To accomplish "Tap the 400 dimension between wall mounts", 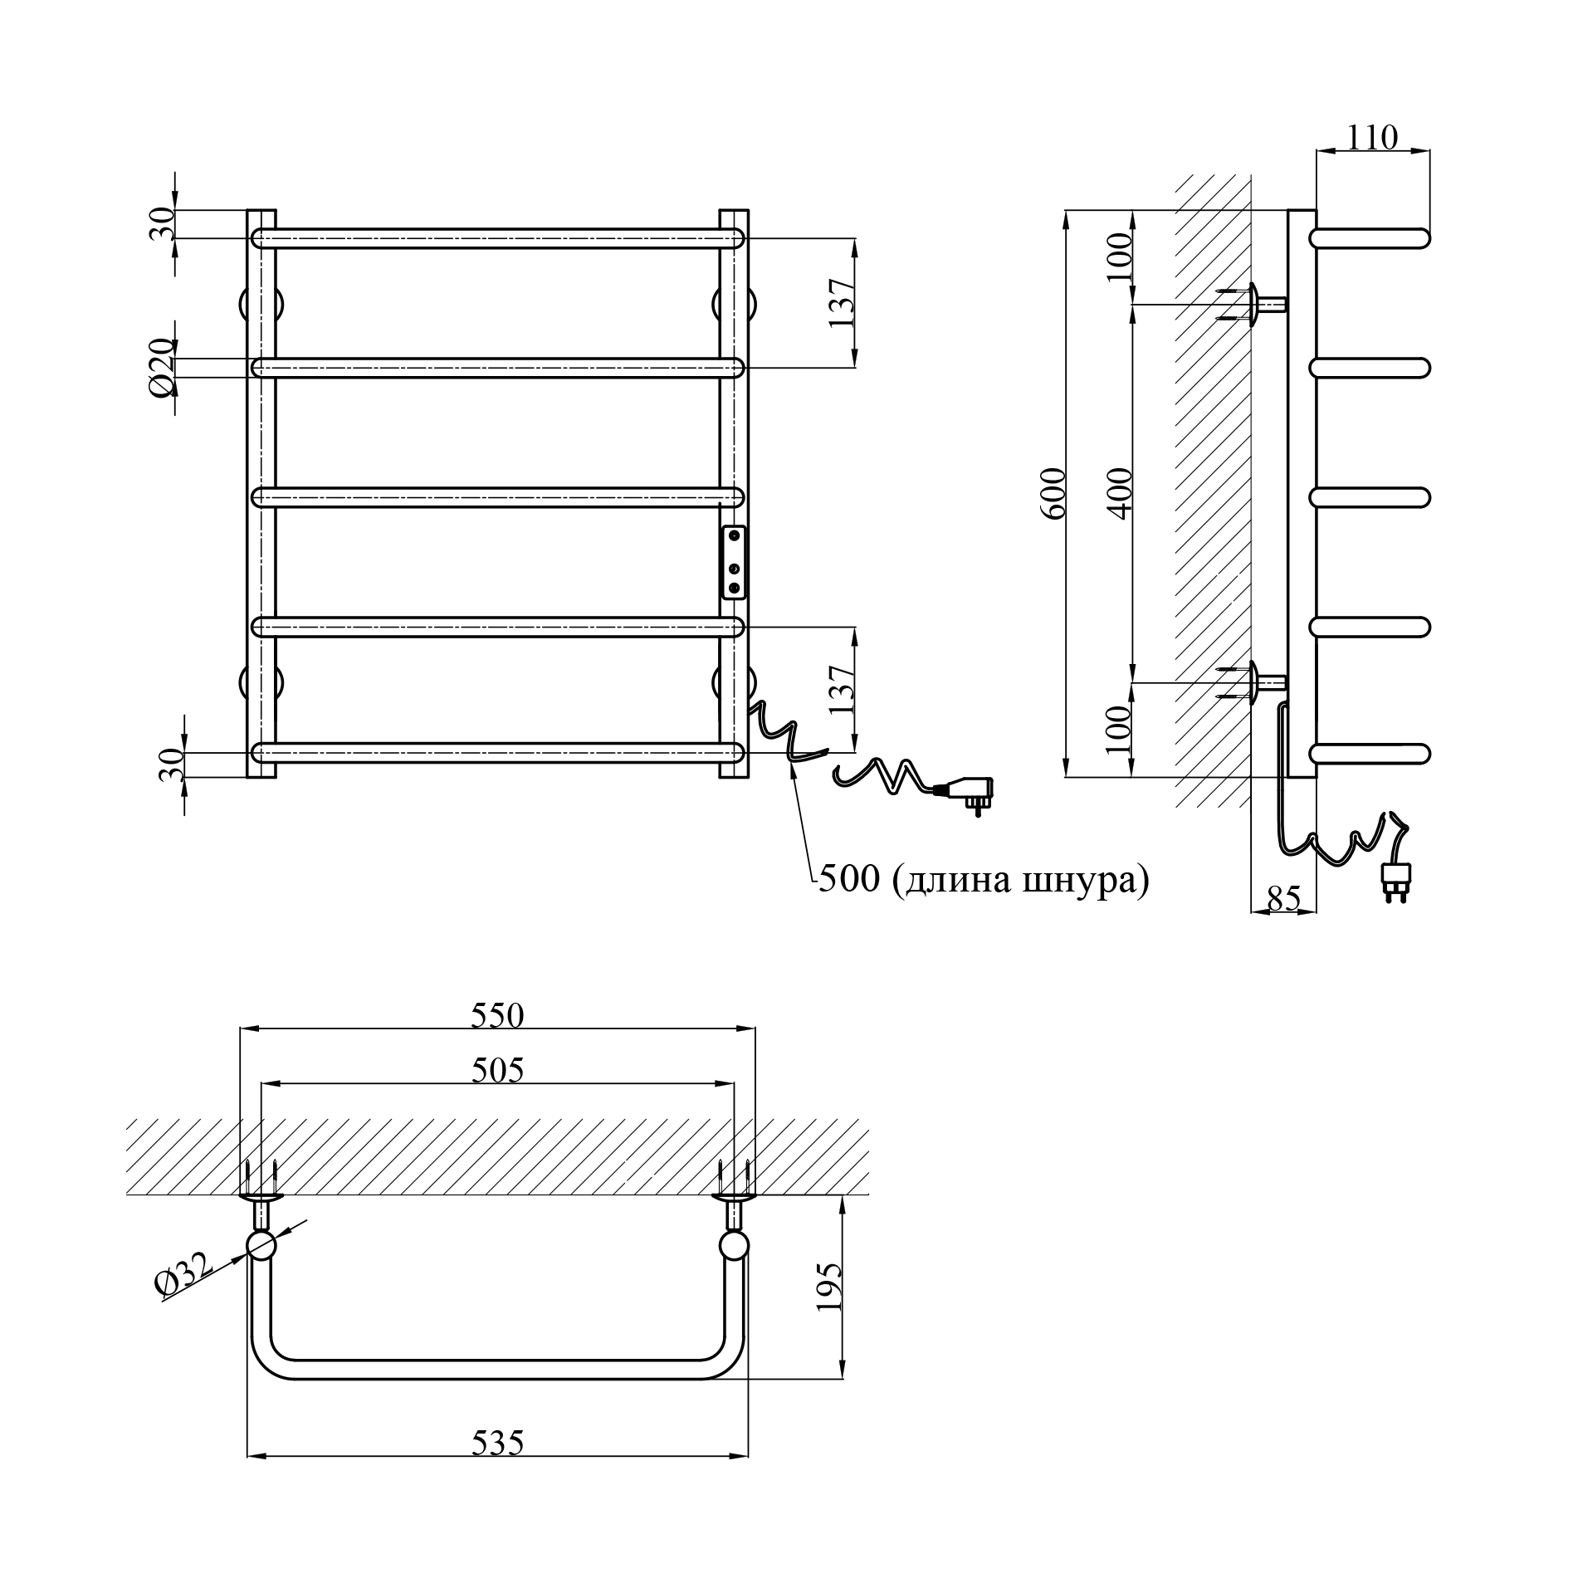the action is tap(1120, 494).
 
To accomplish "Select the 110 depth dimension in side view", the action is tap(1372, 138).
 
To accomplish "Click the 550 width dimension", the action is tap(498, 1015).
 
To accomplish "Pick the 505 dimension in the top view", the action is tap(498, 1070).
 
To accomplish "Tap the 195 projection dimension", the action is tap(828, 1287).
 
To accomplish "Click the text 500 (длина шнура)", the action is tap(984, 879).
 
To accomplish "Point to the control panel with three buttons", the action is tap(734, 562).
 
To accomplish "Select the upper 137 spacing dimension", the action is tap(842, 303).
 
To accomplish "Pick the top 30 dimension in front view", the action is tap(163, 224).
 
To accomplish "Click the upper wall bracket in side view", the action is tap(1254, 305).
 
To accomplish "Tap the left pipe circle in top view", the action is tap(261, 1247).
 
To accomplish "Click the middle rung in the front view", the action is tap(498, 496).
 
